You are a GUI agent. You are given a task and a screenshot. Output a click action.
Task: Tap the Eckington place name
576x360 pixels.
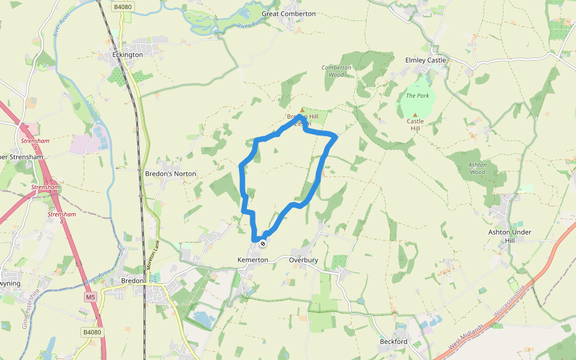(x=128, y=55)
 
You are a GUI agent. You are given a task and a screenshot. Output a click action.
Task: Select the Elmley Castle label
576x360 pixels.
(x=425, y=60)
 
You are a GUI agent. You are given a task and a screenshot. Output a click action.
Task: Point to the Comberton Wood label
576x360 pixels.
(x=336, y=71)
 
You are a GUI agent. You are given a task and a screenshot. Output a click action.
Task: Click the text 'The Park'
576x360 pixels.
(x=418, y=95)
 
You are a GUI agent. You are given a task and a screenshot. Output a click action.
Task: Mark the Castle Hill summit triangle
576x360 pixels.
(x=414, y=115)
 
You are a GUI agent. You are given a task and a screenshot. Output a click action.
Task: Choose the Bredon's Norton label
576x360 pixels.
(x=170, y=173)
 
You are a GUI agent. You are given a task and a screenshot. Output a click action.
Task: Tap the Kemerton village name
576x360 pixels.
(x=253, y=260)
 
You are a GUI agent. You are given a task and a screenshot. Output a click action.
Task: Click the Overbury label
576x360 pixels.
(x=303, y=260)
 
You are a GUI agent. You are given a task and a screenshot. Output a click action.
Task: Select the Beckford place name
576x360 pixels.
(x=394, y=341)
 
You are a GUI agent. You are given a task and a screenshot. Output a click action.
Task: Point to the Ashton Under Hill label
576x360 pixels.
(x=509, y=236)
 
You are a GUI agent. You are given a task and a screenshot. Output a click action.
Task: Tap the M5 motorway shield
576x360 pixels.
(x=90, y=297)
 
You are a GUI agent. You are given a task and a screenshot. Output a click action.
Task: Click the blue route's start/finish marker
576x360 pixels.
(x=263, y=242)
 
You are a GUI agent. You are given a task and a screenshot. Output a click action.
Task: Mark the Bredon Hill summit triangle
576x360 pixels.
(x=302, y=110)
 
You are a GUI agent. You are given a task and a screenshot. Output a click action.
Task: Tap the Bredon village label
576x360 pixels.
(x=133, y=280)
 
